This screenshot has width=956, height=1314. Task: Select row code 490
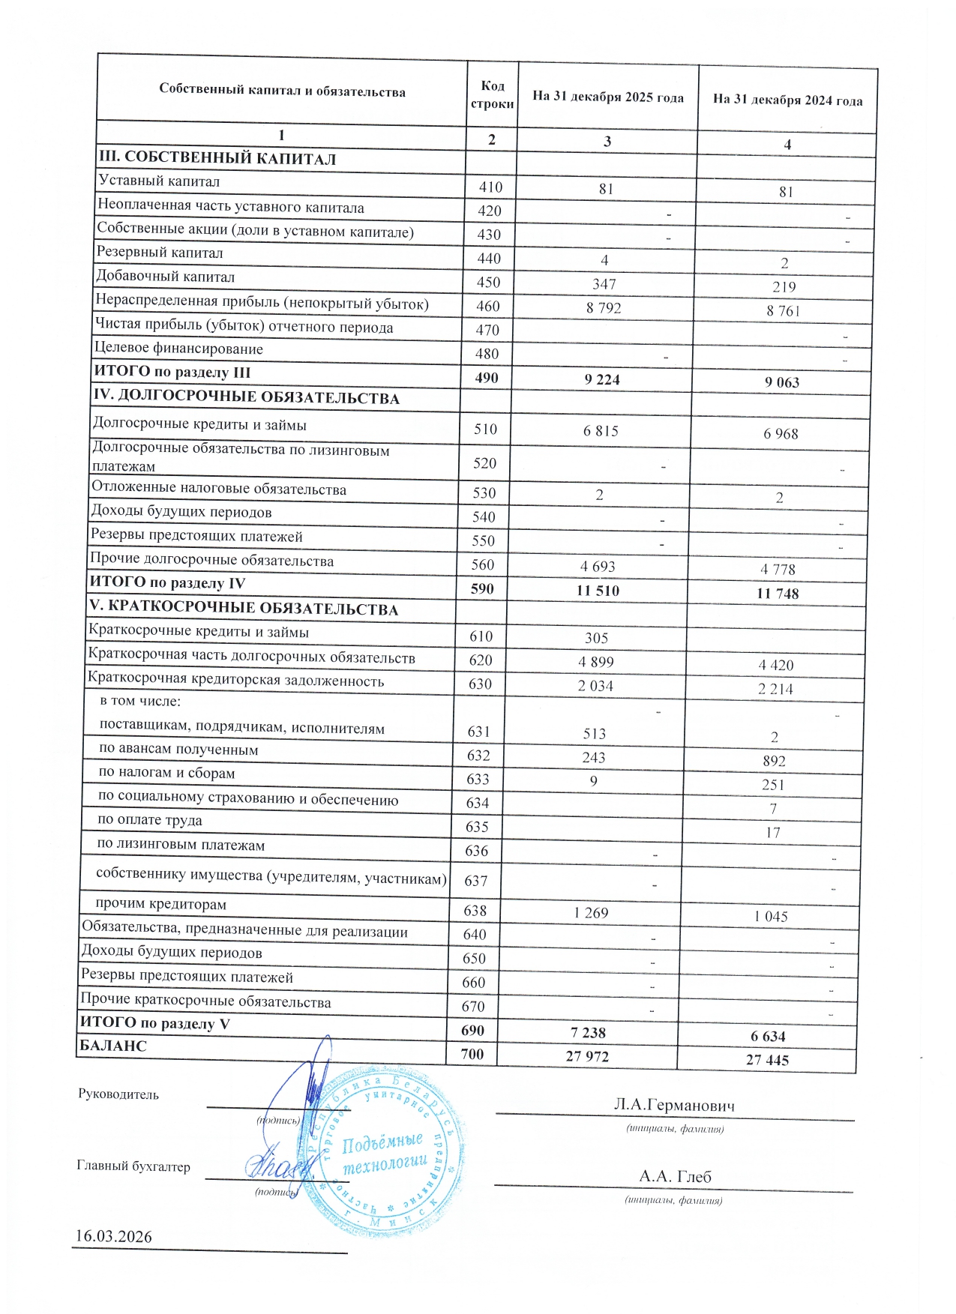(487, 378)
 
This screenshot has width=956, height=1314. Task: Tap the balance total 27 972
(587, 1056)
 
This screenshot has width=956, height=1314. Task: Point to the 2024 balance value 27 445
(767, 1060)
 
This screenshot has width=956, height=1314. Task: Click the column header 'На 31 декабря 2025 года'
(607, 97)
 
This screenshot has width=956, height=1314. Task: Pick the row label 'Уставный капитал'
(159, 181)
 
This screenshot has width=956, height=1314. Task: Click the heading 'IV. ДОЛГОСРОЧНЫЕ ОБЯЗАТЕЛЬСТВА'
(247, 398)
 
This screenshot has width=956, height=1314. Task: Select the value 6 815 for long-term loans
(601, 431)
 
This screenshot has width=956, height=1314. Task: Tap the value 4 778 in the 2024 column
(778, 570)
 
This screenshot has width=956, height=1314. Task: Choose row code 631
(478, 732)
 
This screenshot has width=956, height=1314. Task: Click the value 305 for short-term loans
(596, 639)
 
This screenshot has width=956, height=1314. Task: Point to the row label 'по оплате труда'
(150, 820)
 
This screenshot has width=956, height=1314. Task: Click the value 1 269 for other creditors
(591, 913)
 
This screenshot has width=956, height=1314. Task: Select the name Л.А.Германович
(674, 1106)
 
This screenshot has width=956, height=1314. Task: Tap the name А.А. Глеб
(675, 1177)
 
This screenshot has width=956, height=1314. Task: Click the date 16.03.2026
(114, 1237)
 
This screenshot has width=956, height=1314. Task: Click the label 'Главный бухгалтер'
(133, 1166)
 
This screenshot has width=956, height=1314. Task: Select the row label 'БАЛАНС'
(113, 1046)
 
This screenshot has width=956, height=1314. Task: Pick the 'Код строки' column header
(492, 95)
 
